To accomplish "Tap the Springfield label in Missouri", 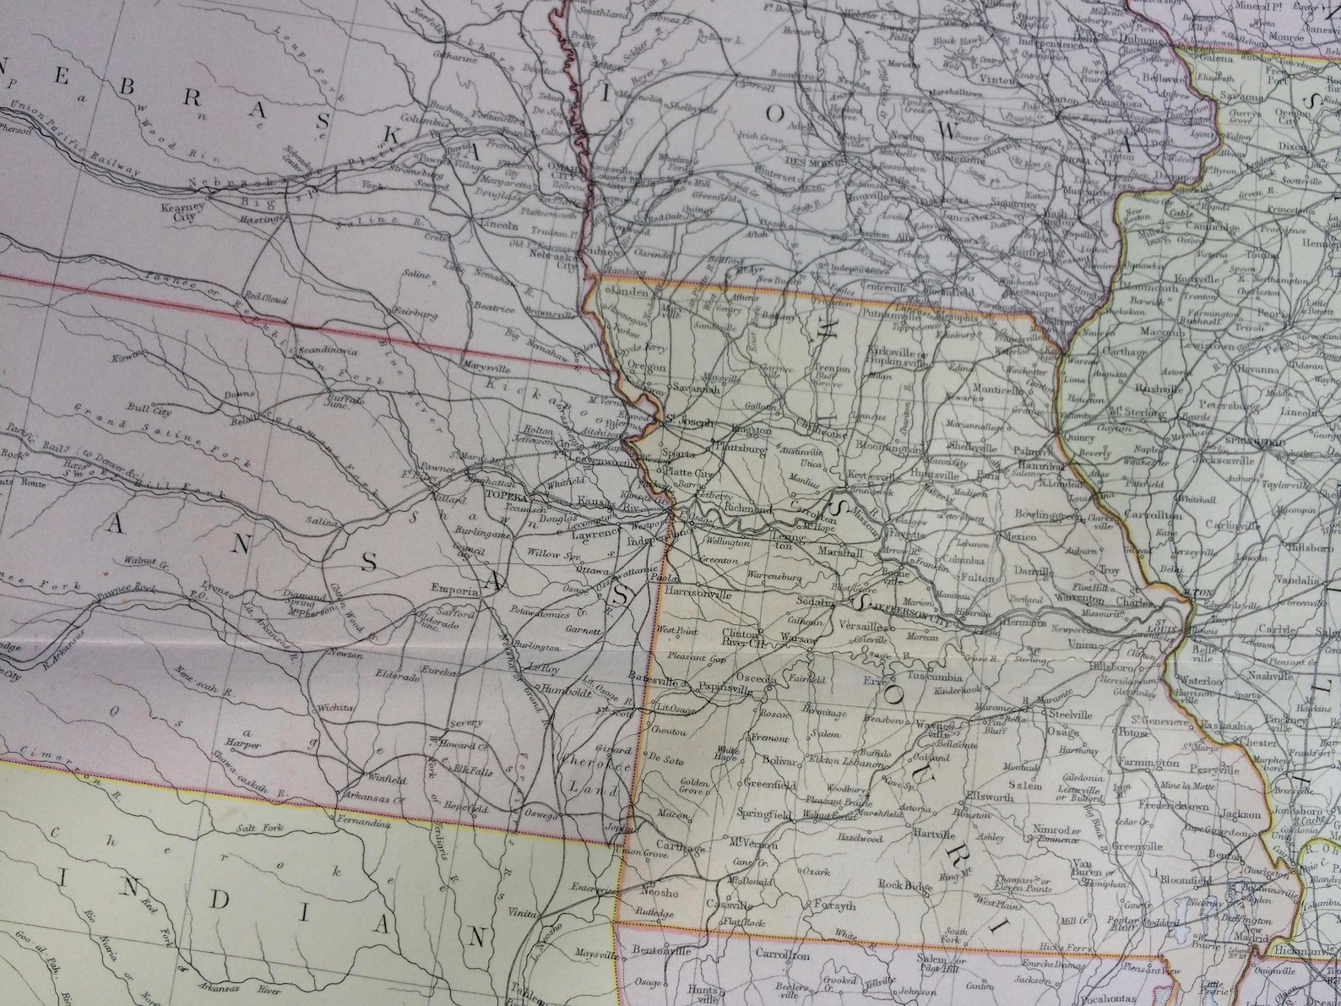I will pos(763,815).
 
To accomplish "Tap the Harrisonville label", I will pos(698,594).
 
